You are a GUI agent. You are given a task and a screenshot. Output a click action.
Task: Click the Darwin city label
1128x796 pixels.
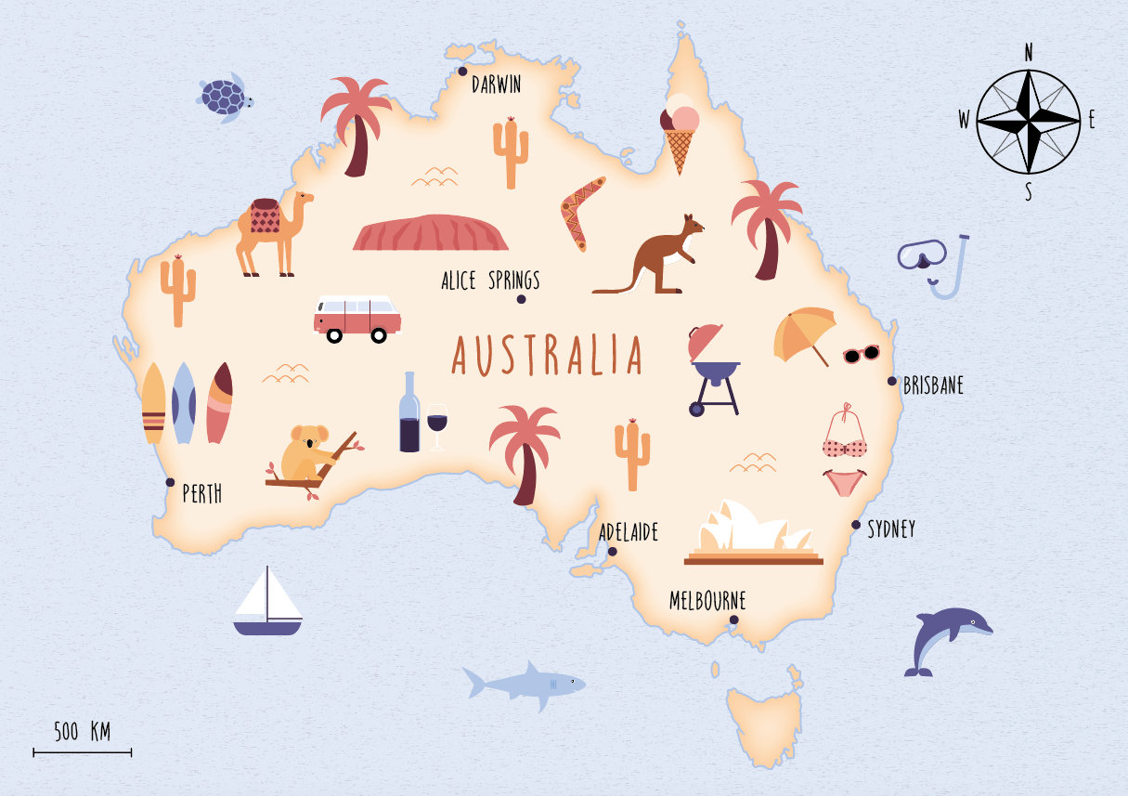tap(496, 85)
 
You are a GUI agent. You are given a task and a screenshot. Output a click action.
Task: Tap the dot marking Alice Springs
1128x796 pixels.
tap(522, 299)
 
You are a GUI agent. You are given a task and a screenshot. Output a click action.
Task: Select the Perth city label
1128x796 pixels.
tap(201, 494)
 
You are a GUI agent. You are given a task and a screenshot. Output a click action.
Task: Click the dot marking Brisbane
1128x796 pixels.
tap(892, 381)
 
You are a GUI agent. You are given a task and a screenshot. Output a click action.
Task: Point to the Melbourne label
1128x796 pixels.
tap(707, 601)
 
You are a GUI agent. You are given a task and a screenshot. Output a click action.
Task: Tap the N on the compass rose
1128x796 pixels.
tap(1029, 53)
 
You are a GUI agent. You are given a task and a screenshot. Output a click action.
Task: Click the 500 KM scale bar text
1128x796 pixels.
tap(82, 732)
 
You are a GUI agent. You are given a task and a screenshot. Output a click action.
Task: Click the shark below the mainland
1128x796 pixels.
tap(525, 685)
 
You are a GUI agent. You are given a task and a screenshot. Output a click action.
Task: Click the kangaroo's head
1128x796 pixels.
tap(691, 225)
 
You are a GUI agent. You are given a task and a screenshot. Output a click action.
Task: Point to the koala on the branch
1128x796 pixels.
tap(306, 453)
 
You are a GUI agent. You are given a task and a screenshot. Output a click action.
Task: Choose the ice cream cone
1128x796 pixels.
tap(680, 136)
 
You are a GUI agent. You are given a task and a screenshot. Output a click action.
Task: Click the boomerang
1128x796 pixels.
tap(581, 212)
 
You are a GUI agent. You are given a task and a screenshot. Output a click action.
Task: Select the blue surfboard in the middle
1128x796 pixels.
tap(184, 403)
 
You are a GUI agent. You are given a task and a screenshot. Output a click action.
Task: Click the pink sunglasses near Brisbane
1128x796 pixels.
tap(861, 354)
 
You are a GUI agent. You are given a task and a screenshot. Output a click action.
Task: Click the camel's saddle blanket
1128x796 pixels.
tap(265, 217)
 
